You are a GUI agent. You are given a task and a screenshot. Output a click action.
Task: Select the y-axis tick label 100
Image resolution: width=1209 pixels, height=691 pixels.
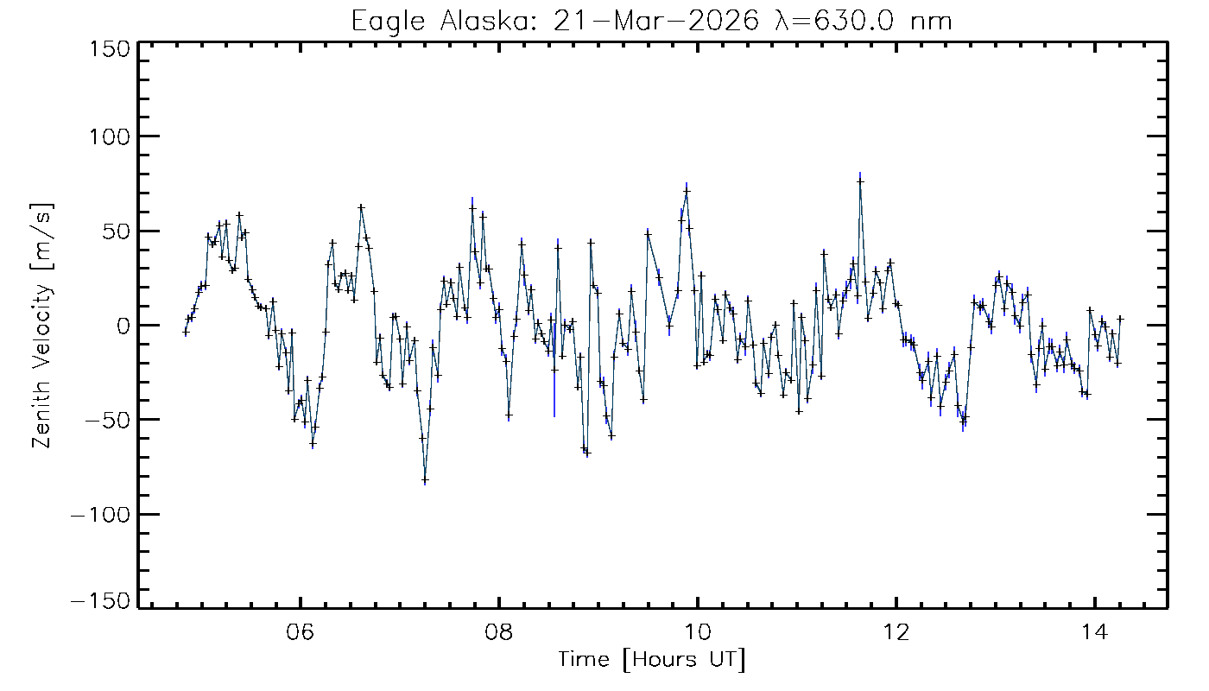tap(109, 136)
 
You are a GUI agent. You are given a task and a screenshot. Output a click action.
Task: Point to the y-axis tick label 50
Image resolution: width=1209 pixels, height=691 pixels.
tap(116, 231)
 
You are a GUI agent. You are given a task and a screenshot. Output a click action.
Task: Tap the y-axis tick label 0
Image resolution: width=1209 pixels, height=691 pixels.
tap(123, 326)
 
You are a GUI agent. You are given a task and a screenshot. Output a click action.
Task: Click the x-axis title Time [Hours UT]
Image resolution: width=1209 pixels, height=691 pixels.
tap(651, 661)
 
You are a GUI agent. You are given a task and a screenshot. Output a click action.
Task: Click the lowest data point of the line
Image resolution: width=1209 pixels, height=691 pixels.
tap(425, 480)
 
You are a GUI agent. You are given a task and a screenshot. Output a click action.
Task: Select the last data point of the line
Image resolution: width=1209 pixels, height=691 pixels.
tap(1120, 319)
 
